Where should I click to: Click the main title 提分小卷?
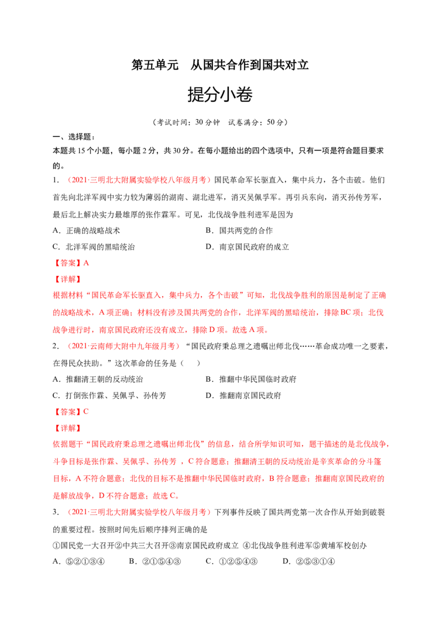[220, 95]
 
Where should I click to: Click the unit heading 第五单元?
[155, 65]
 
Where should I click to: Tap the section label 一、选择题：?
[74, 137]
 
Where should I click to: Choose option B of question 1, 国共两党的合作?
[239, 230]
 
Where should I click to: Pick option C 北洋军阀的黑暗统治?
[94, 247]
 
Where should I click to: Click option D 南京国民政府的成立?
[247, 247]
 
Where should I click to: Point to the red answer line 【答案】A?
[71, 263]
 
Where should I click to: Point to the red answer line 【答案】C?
[71, 412]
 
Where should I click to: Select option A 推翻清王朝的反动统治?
[98, 379]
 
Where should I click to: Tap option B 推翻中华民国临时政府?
[251, 379]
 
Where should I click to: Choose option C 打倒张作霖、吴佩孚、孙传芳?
[109, 396]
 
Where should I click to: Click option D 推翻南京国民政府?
[244, 396]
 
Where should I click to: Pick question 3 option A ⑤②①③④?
[79, 562]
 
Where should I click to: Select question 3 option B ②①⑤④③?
[155, 562]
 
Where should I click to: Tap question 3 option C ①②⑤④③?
[232, 562]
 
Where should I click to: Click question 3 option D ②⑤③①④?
[309, 562]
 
